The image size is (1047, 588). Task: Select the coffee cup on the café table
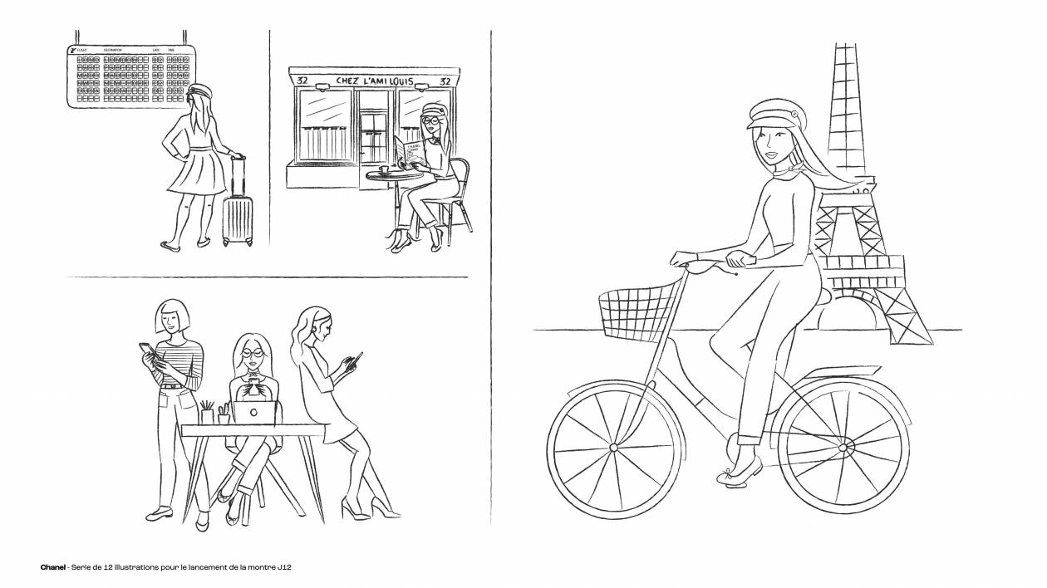383,169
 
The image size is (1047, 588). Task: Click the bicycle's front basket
636,313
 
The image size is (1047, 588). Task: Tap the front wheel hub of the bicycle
614,448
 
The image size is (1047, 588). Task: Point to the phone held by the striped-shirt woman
145,350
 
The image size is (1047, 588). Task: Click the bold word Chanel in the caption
53,567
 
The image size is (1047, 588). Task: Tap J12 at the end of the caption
283,567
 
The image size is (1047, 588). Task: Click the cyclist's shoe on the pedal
739,473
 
